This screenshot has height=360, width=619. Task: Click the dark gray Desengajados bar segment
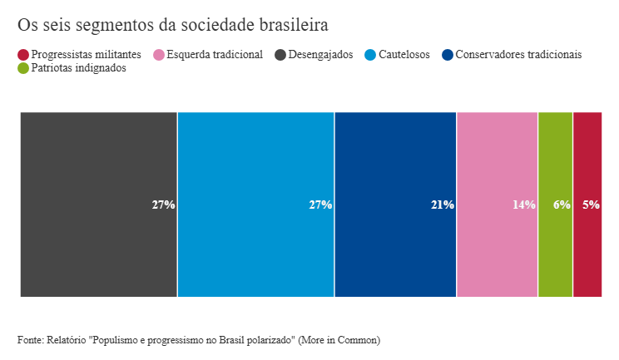coord(98,205)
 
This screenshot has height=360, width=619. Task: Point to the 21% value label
coord(442,205)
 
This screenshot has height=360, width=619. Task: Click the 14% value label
coord(523,205)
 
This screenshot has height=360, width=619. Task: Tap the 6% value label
coord(562,205)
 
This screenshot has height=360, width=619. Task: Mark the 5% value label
coord(591,205)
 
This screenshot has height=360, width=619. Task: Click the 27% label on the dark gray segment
coord(163,205)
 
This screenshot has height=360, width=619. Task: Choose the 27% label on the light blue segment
coord(320,205)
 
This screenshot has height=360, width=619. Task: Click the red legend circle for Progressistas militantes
coord(23,55)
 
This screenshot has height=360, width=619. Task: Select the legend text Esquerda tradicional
coord(215,55)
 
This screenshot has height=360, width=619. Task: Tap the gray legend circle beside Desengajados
coord(280,55)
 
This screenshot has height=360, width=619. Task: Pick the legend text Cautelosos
coord(404,55)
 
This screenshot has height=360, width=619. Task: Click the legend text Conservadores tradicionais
coord(518,55)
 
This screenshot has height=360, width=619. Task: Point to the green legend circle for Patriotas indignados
coord(23,69)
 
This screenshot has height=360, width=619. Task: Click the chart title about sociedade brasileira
coord(172,24)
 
